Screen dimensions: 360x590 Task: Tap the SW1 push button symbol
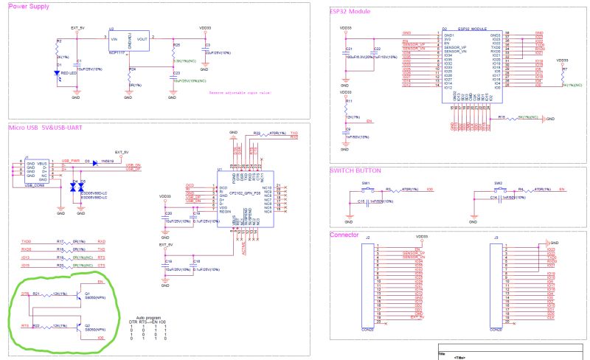pos(365,189)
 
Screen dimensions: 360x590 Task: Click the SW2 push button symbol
pos(499,189)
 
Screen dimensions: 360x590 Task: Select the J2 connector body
pos(367,284)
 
